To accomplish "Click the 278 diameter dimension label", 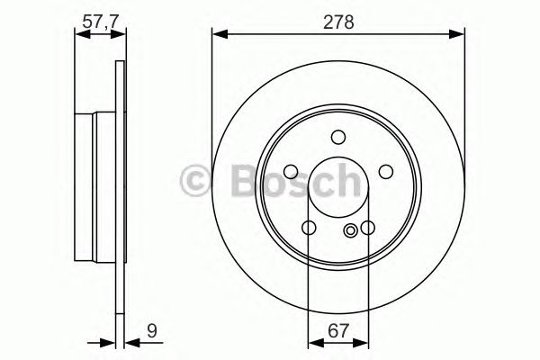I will coord(339,22).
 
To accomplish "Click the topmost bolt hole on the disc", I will coord(338,137).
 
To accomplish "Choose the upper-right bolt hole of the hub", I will coord(385,172).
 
